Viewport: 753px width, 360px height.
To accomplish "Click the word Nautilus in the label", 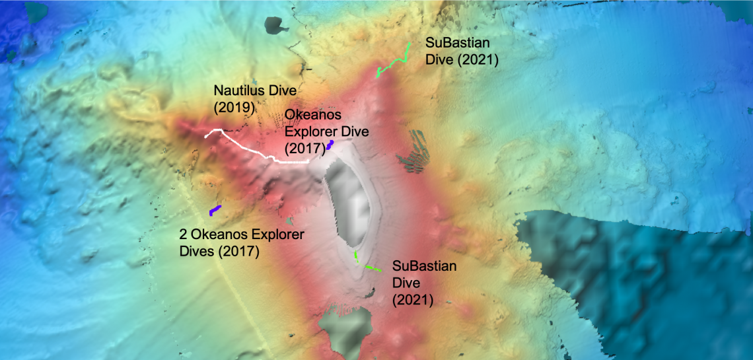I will (240, 90).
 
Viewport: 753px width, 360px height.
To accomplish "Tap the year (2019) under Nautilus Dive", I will (234, 106).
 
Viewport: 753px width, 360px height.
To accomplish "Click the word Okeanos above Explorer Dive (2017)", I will (312, 117).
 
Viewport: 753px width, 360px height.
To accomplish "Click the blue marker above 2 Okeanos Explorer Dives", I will (215, 210).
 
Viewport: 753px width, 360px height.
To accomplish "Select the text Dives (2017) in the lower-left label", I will (219, 251).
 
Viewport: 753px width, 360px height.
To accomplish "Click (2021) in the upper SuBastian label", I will (476, 59).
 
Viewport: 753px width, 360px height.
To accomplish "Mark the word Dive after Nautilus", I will (283, 90).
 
